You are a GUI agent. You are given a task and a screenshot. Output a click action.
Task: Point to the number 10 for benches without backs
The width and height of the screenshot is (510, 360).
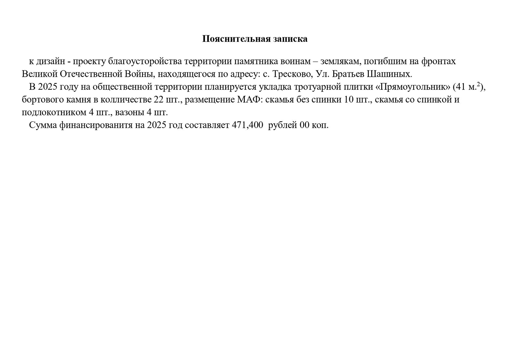[349, 100]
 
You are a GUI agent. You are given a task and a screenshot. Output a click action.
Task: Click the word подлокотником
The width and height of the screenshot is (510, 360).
[54, 113]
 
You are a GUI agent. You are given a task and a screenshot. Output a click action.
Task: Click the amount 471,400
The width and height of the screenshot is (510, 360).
[247, 125]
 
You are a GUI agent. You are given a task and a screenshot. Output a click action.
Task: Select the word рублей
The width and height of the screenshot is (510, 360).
[283, 125]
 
